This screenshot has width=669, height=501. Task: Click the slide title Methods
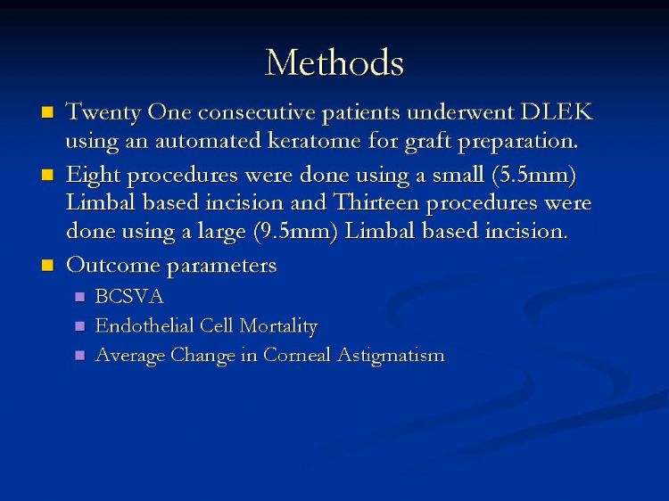pyautogui.click(x=334, y=62)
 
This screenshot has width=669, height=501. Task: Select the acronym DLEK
pyautogui.click(x=557, y=112)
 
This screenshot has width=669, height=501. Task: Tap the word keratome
pyautogui.click(x=314, y=140)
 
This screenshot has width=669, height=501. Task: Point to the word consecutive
pyautogui.click(x=257, y=112)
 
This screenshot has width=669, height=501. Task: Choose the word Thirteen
pyautogui.click(x=376, y=202)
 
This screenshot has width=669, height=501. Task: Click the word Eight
pyautogui.click(x=93, y=176)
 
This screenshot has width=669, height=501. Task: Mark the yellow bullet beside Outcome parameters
pyautogui.click(x=47, y=266)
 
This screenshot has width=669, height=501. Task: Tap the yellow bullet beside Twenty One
pyautogui.click(x=47, y=112)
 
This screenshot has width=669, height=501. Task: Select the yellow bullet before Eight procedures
pyautogui.click(x=47, y=175)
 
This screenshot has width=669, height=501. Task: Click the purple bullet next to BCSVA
pyautogui.click(x=79, y=297)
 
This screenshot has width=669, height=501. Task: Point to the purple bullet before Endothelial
pyautogui.click(x=79, y=326)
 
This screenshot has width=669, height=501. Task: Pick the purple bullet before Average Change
pyautogui.click(x=79, y=355)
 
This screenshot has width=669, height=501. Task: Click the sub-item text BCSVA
pyautogui.click(x=129, y=296)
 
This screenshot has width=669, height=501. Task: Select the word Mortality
pyautogui.click(x=278, y=326)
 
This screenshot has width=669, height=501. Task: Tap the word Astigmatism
pyautogui.click(x=391, y=356)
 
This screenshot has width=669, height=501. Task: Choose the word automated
pyautogui.click(x=208, y=140)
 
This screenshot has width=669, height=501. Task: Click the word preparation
pyautogui.click(x=518, y=141)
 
